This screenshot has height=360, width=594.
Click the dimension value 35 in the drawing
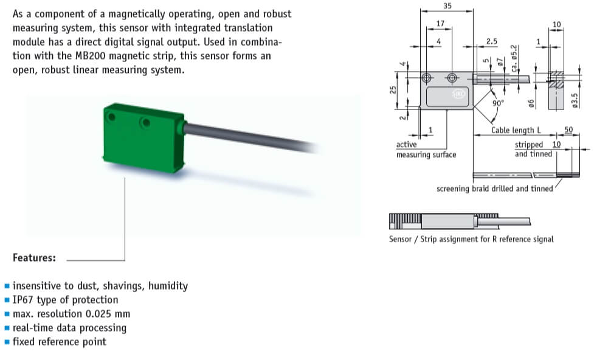point(447,5)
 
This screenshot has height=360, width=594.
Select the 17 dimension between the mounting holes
point(440,23)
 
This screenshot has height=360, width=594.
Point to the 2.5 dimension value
point(492,41)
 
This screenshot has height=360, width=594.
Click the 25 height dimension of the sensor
point(393,90)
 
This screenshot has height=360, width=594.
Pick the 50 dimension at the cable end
point(569,130)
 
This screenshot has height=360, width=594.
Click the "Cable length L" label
point(516,130)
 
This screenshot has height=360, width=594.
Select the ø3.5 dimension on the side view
point(575,100)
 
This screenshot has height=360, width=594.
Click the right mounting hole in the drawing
point(452,78)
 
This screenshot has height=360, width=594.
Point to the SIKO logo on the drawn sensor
point(459,95)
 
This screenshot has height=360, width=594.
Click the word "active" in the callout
point(407,145)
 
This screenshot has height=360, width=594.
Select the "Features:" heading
point(34,258)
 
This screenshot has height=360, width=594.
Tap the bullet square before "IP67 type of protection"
point(7,300)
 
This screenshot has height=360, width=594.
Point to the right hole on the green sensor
point(144,123)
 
